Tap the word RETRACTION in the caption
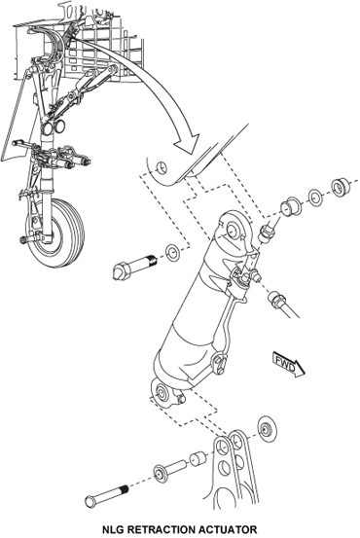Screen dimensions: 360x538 coord(166,529)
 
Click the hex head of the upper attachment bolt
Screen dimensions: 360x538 coord(122,270)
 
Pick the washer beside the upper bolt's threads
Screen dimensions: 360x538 coord(172,253)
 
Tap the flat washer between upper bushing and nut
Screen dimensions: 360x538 coord(315,197)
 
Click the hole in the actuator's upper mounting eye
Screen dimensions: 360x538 coord(233,231)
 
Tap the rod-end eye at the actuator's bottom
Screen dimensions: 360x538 coord(162,392)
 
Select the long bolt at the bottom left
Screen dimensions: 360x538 coord(107,494)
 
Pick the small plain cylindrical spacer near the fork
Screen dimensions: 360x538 coord(198,457)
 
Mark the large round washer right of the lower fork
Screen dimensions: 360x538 coord(266,430)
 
